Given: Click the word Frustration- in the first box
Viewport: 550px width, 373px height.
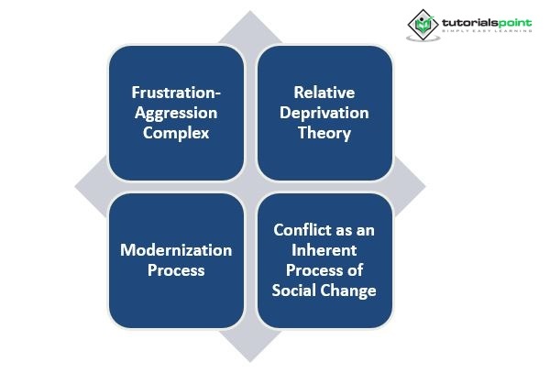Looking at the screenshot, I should (x=176, y=93).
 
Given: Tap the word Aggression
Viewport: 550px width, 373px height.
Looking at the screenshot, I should (x=176, y=113).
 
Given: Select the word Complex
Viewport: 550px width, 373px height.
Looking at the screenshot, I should (x=176, y=133).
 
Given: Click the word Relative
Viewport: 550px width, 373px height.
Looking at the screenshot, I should (x=324, y=93).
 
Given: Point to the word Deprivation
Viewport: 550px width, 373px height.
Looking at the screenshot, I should (x=324, y=113).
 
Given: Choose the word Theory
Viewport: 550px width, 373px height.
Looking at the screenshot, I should (x=324, y=133).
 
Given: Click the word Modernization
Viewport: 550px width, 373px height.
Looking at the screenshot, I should (x=176, y=250).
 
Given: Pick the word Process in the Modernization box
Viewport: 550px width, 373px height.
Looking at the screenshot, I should (x=176, y=270).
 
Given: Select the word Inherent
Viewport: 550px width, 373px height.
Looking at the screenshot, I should (x=324, y=250).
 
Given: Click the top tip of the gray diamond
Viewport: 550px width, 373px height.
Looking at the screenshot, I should (x=251, y=13).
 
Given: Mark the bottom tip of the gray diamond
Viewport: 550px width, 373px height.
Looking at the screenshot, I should (x=251, y=359).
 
